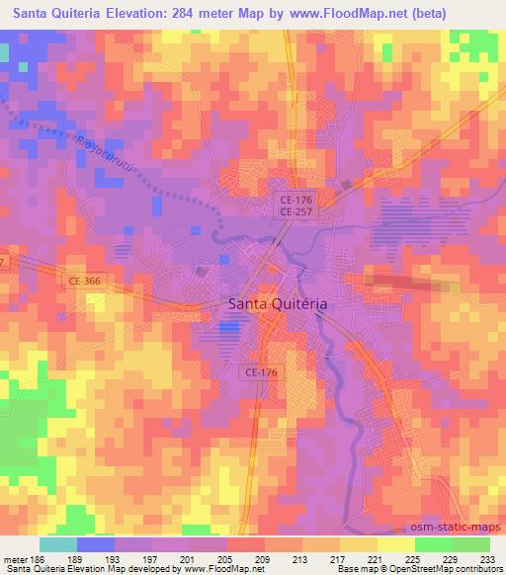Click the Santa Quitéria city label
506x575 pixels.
(277, 305)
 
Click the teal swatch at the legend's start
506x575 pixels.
(58, 543)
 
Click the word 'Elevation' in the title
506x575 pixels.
(136, 14)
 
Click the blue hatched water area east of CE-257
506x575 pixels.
(408, 222)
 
